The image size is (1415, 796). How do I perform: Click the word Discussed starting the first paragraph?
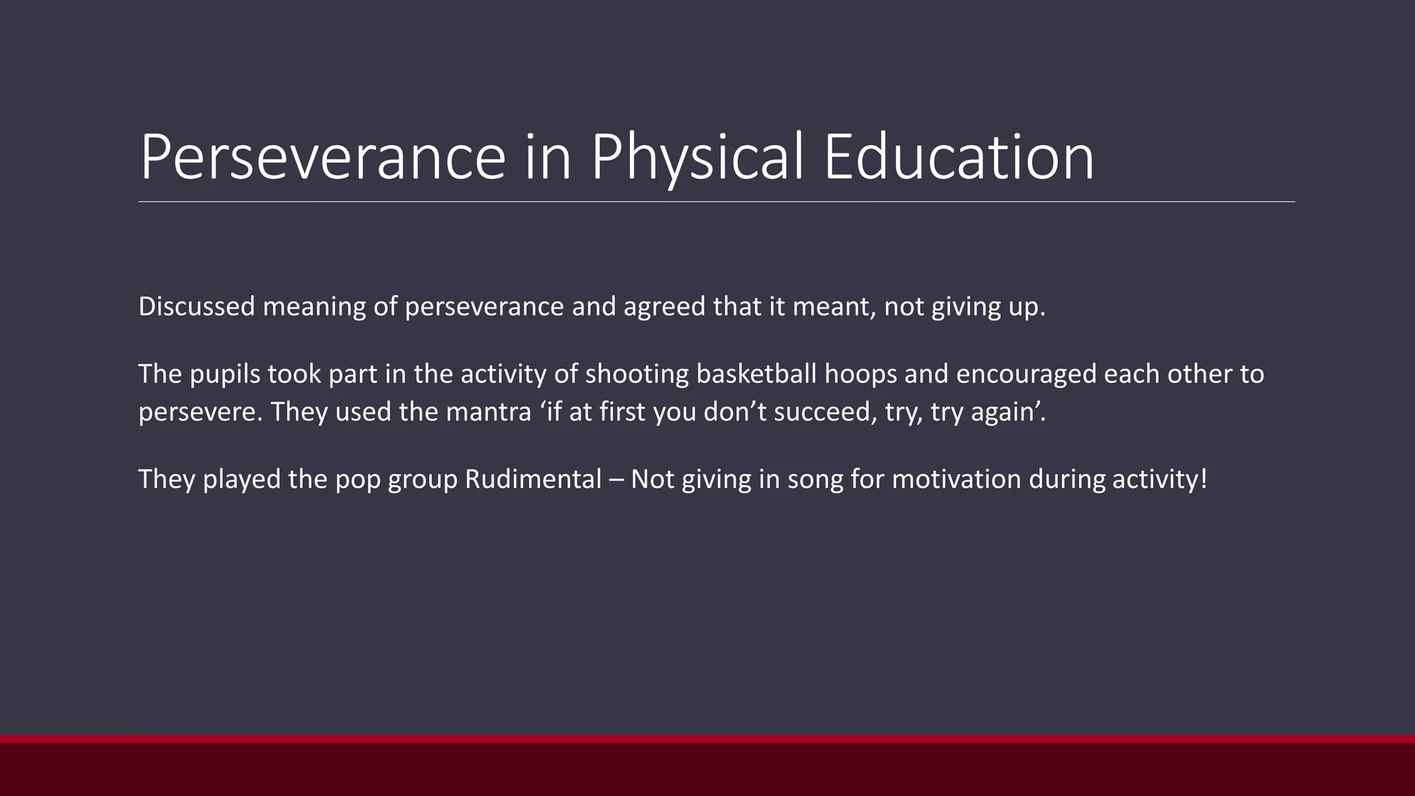[197, 306]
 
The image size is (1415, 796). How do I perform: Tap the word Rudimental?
[533, 479]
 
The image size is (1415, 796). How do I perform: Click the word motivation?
[956, 479]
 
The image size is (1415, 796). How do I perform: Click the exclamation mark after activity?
[1204, 479]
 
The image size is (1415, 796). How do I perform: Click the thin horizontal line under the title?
[716, 202]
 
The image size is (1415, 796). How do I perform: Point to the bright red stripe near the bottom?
[707, 739]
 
